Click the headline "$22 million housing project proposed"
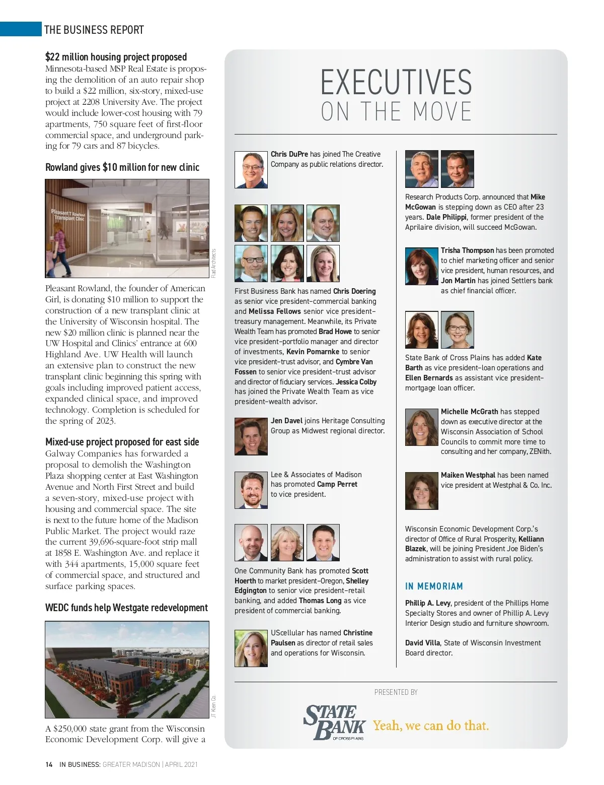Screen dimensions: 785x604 tap(116, 57)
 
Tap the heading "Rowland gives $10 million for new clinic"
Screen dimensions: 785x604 tap(122, 167)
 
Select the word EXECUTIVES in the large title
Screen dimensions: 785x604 tap(396, 83)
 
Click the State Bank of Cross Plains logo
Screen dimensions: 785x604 tap(335, 722)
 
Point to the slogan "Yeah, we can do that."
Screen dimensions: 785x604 tap(431, 726)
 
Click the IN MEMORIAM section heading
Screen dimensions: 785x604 tap(434, 586)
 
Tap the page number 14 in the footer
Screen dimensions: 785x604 tap(49, 764)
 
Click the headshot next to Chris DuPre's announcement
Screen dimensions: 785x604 tap(251, 170)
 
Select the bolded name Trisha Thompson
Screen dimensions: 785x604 tap(467, 250)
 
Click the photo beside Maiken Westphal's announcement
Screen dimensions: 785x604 tap(421, 491)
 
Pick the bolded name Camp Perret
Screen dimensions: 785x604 tap(337, 484)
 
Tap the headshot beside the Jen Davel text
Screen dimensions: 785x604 tap(251, 436)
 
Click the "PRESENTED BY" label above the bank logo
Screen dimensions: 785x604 tap(396, 692)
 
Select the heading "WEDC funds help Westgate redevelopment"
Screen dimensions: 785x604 tap(126, 608)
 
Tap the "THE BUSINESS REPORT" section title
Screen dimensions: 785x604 tap(94, 30)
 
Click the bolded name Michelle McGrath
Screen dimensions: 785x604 tap(469, 412)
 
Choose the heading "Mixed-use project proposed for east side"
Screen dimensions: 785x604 tap(122, 442)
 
